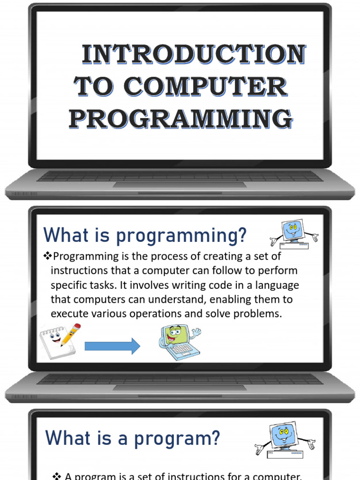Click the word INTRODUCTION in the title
point(194,54)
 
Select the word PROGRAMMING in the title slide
point(180,119)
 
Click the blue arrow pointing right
point(112,346)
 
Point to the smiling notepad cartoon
point(56,342)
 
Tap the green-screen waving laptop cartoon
point(180,343)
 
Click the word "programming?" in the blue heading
point(181,236)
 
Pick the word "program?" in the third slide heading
point(177,439)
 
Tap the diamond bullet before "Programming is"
point(47,256)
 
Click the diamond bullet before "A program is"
point(57,476)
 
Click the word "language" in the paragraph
point(277,285)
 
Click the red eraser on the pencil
point(77,326)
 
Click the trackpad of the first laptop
point(180,185)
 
